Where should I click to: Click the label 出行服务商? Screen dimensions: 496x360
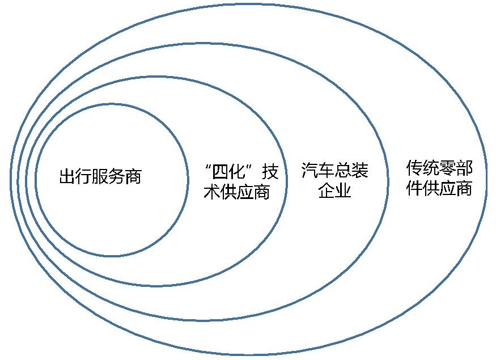tap(100, 176)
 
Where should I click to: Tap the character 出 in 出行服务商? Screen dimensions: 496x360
tap(67, 176)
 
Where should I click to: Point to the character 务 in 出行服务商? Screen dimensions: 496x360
tap(117, 176)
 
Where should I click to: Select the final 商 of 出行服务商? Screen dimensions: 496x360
tap(134, 176)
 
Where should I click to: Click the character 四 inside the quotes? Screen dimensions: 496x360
tap(221, 172)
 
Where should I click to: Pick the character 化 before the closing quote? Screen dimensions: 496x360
tap(237, 172)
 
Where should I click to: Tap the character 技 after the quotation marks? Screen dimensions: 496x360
tap(270, 172)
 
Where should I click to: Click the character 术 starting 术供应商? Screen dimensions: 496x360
tap(212, 192)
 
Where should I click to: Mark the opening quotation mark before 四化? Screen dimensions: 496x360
tap(208, 167)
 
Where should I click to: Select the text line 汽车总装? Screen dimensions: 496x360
tap(335, 170)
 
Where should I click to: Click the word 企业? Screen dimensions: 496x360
tap(335, 190)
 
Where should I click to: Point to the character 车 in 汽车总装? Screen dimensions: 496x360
tap(327, 170)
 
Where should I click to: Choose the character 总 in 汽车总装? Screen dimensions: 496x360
tap(343, 170)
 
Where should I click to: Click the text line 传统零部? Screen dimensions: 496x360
tap(439, 168)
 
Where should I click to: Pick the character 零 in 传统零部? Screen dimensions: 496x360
tap(448, 168)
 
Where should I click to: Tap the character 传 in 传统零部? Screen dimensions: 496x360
tap(414, 168)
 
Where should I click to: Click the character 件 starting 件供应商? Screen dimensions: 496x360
tap(414, 188)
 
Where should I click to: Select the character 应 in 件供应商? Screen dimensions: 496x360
tap(448, 188)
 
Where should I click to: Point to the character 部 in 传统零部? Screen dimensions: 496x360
tap(464, 168)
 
